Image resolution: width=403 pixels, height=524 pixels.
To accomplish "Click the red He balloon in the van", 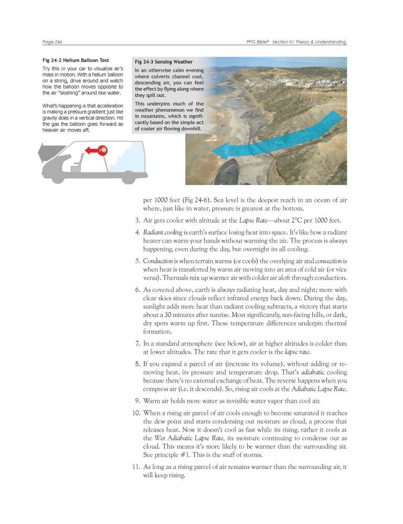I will click(x=103, y=150).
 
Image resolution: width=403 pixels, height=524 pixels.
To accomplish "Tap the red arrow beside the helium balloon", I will click(x=91, y=150).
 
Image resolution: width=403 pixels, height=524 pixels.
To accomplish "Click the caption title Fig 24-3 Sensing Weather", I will click(x=164, y=61).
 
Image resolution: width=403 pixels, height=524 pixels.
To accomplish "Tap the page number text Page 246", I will click(x=52, y=42).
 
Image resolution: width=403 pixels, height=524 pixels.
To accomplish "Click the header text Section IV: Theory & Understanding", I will click(x=309, y=42).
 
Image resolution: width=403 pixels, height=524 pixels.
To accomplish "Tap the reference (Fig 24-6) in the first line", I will click(x=191, y=199).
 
